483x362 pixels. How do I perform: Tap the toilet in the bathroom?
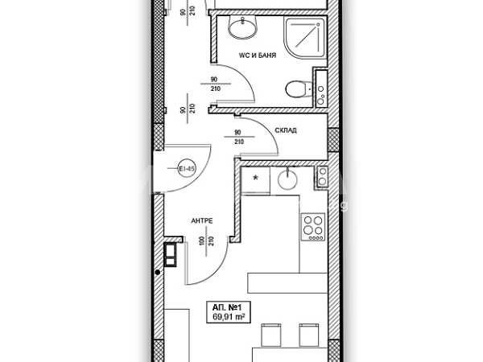coord(296,89)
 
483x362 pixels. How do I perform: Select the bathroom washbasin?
coord(242,29)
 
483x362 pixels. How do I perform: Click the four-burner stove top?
coord(312,228)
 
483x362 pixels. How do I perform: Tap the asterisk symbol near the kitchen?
coord(256,178)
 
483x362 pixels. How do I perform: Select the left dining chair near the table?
coord(271,335)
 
